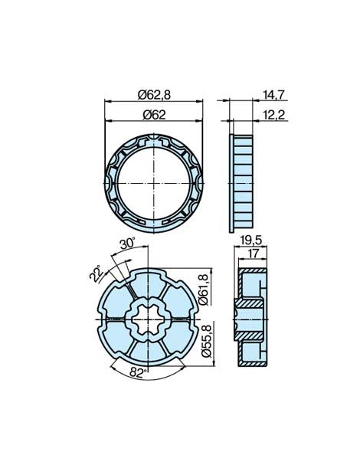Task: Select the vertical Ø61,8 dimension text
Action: [205, 288]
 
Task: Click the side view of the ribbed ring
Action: [241, 183]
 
